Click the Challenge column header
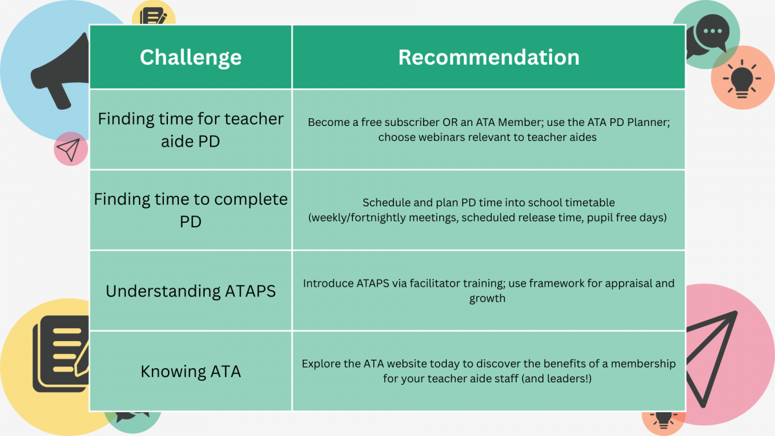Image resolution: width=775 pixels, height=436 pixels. pyautogui.click(x=191, y=57)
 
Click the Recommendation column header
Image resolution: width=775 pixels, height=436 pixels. pyautogui.click(x=488, y=57)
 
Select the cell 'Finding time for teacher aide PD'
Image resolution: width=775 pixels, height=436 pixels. pyautogui.click(x=191, y=130)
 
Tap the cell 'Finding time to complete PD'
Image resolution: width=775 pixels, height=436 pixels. pyautogui.click(x=191, y=210)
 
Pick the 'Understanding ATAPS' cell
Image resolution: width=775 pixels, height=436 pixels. pyautogui.click(x=191, y=291)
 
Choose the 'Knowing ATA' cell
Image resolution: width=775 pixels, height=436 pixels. pyautogui.click(x=191, y=371)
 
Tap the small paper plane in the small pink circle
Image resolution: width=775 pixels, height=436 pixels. pyautogui.click(x=69, y=149)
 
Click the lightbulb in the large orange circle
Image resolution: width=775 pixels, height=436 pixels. pyautogui.click(x=742, y=79)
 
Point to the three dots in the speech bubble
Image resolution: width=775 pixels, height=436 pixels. pyautogui.click(x=713, y=31)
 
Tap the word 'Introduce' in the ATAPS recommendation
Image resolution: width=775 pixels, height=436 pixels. pyautogui.click(x=328, y=283)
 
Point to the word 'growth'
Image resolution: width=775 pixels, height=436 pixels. pyautogui.click(x=487, y=298)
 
